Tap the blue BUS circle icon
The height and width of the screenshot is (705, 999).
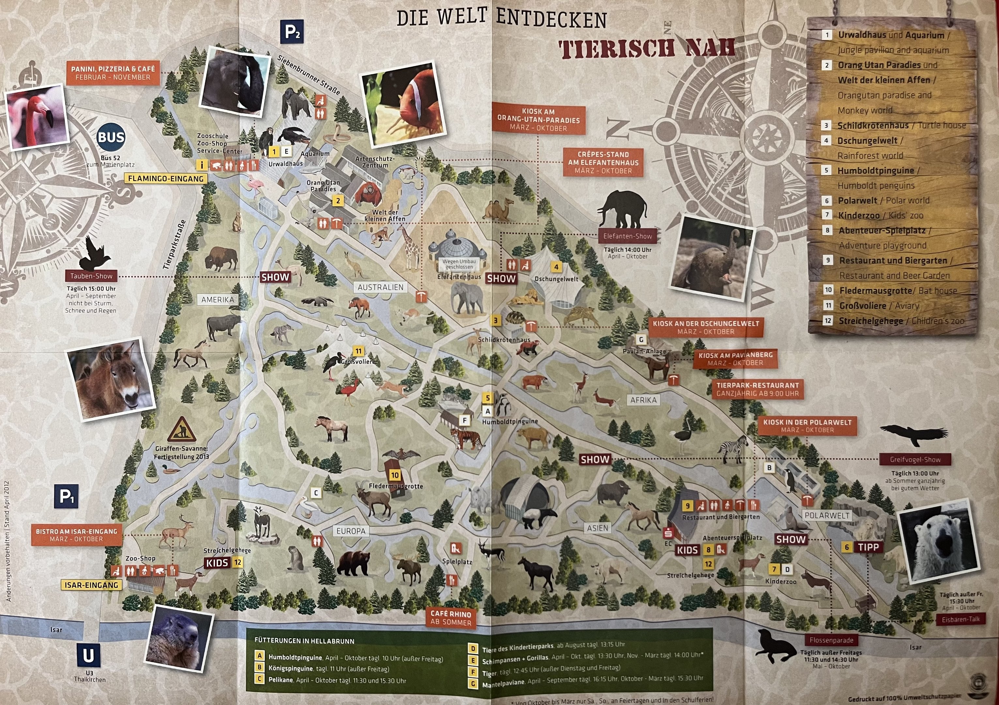coord(111,137)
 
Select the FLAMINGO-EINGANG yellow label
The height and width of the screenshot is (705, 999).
coord(166,179)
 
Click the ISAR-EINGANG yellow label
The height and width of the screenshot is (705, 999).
coord(92,585)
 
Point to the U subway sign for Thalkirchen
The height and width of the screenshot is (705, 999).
coord(88,655)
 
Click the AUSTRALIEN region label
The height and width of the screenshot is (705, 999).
coord(380,287)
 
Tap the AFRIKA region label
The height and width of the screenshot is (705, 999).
coord(643,400)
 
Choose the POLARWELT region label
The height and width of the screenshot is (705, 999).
coord(827,515)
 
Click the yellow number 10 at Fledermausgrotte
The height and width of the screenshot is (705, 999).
coord(395,475)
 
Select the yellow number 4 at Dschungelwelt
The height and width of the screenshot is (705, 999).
coord(556,267)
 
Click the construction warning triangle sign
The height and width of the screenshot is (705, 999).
coord(181,429)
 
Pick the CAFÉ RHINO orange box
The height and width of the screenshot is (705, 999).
coord(451,618)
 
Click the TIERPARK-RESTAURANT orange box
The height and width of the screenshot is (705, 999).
coord(758,389)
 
